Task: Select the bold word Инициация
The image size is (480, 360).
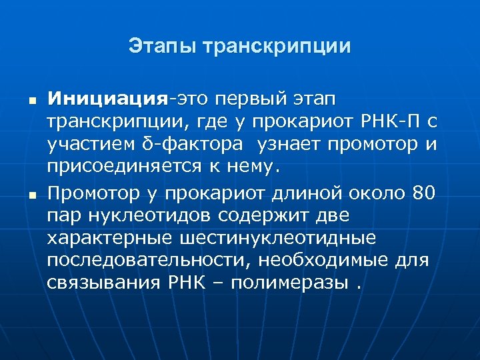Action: [x=107, y=99]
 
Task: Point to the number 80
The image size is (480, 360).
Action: [x=423, y=194]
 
